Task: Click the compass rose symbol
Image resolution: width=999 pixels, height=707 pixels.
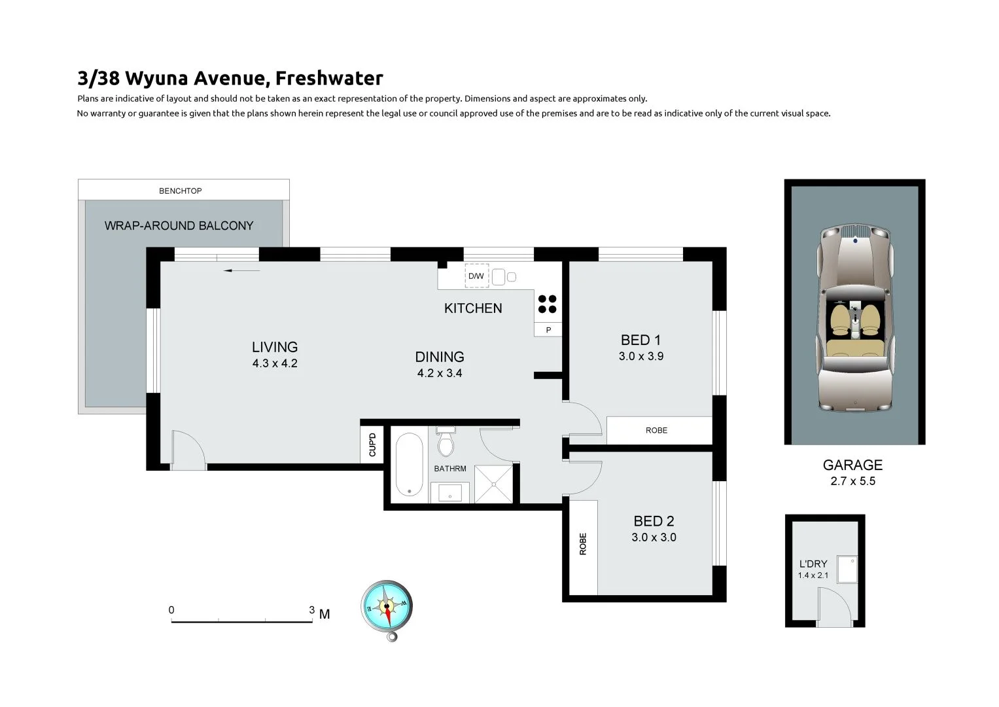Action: click(x=387, y=607)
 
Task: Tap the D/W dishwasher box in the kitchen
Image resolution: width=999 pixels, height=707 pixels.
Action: click(x=476, y=276)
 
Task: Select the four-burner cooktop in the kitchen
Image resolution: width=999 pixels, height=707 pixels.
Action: click(x=548, y=304)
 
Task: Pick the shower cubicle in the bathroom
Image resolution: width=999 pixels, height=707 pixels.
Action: click(x=494, y=484)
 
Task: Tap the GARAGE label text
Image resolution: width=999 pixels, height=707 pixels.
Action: click(x=852, y=465)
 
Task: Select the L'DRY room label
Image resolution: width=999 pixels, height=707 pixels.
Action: click(x=813, y=564)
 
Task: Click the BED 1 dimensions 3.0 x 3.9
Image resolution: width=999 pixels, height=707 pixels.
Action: click(x=640, y=357)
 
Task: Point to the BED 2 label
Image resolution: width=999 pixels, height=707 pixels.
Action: click(x=654, y=521)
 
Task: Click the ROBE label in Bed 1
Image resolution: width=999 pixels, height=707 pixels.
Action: click(x=656, y=430)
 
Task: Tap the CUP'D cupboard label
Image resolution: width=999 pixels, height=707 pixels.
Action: click(x=372, y=445)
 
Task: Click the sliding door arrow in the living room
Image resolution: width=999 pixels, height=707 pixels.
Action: click(x=241, y=270)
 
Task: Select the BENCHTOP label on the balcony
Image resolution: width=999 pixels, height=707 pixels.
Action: click(x=181, y=191)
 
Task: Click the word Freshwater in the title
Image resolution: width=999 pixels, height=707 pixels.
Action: click(x=329, y=78)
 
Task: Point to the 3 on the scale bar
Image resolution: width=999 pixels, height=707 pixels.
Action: click(x=312, y=609)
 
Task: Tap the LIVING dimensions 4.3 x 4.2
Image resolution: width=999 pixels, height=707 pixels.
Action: click(x=275, y=363)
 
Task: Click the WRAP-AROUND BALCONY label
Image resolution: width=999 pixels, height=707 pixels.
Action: click(x=179, y=226)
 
